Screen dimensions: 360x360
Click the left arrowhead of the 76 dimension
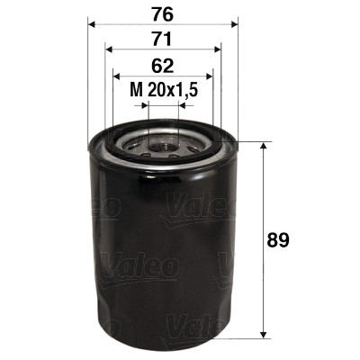click(92, 24)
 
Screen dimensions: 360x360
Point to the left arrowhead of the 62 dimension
click(115, 76)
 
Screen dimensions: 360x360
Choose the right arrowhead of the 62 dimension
click(210, 76)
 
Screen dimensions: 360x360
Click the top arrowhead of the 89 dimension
click(262, 147)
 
